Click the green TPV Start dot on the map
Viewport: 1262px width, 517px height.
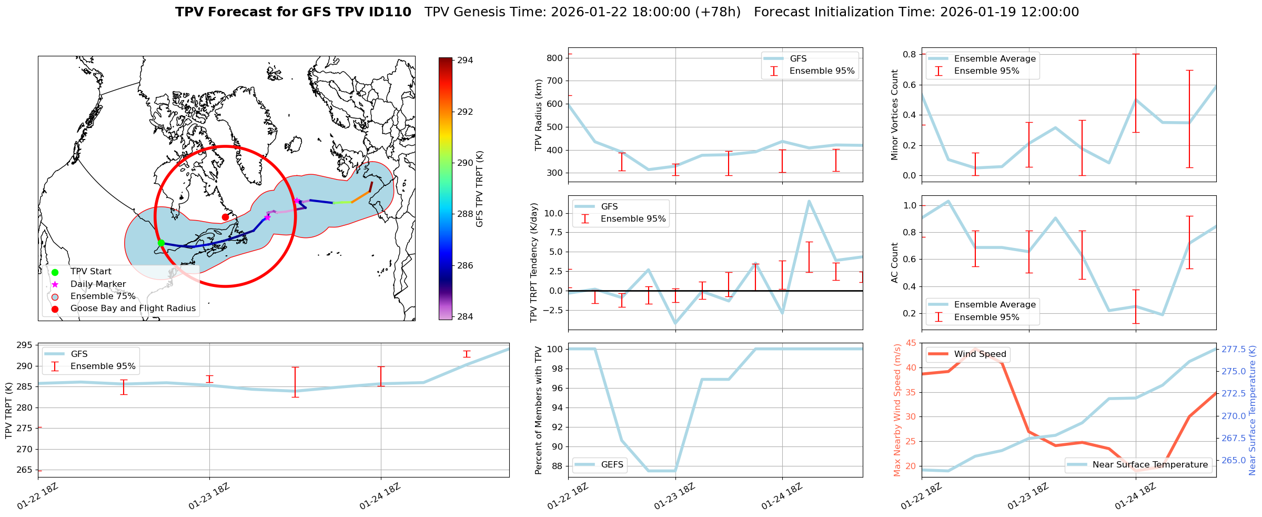coord(161,243)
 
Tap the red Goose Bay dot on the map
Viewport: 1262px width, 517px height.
coord(225,217)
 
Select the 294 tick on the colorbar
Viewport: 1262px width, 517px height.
coord(465,61)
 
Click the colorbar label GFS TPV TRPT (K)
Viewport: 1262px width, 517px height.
coord(479,189)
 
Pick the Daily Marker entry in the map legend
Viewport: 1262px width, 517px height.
coord(98,284)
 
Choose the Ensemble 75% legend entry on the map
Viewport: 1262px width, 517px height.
coord(103,296)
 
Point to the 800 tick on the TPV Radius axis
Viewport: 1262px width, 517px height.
coord(554,58)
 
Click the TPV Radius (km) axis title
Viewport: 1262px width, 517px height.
coord(538,115)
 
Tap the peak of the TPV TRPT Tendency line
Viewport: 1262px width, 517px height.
coord(809,201)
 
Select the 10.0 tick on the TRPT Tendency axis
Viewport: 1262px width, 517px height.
coord(552,213)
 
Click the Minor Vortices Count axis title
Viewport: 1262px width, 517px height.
coord(894,115)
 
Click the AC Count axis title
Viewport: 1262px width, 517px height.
coord(894,263)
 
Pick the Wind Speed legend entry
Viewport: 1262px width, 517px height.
coord(980,354)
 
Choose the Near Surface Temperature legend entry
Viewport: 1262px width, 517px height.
coord(1149,465)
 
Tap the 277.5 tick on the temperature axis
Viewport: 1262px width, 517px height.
coord(1233,350)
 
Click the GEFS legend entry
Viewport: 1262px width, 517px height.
coord(612,465)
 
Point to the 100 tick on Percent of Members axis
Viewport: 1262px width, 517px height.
coord(556,349)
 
